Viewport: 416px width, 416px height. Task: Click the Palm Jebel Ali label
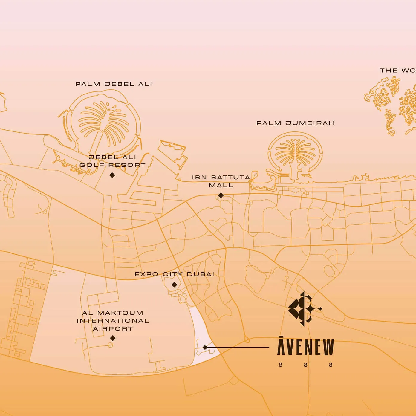pos(114,84)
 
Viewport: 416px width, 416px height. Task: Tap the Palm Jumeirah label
pos(296,123)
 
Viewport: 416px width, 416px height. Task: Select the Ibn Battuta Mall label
pos(221,181)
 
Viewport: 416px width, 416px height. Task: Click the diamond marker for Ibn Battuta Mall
pos(221,195)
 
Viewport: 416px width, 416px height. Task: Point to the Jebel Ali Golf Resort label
pos(112,161)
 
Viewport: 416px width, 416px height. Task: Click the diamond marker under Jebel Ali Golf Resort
pos(112,175)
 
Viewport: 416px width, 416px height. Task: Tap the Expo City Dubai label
pos(174,274)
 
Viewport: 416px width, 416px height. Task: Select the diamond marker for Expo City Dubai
pos(174,285)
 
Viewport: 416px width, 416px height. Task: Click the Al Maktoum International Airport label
pos(113,321)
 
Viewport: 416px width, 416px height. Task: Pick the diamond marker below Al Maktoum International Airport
pos(113,338)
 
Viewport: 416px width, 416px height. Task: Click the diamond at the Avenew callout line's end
pos(205,348)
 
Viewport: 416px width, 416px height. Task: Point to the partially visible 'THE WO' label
pos(397,71)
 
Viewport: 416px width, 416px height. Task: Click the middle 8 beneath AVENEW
pos(305,365)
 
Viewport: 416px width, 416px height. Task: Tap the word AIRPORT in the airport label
pos(113,328)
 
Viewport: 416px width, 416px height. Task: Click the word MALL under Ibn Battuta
pos(221,185)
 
